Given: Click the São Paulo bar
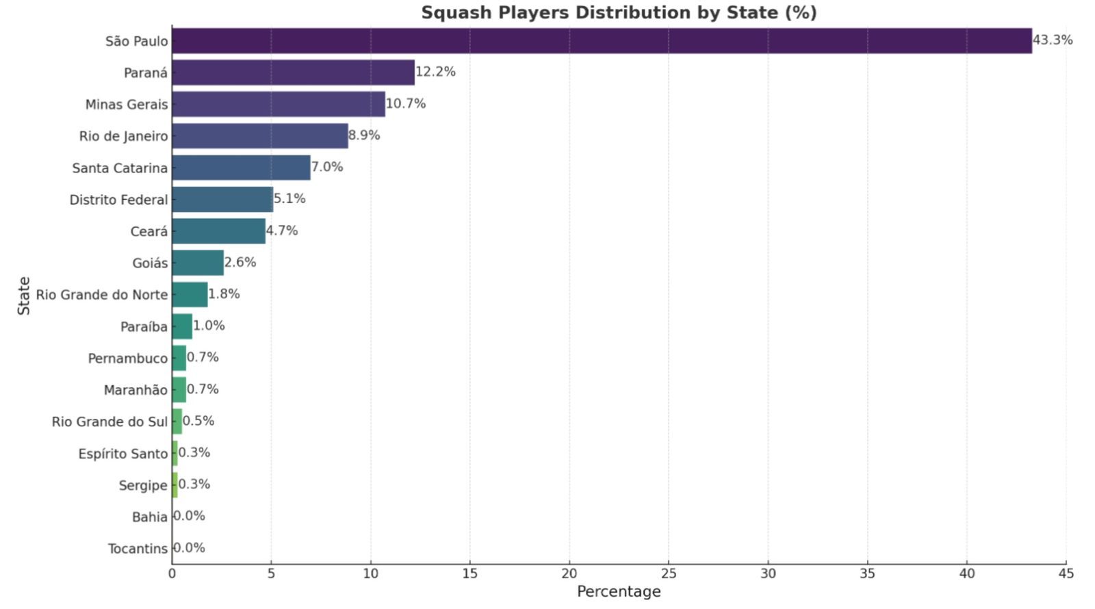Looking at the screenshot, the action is click(602, 40).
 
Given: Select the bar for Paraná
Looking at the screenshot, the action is click(294, 73).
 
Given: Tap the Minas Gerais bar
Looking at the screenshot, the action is click(279, 104).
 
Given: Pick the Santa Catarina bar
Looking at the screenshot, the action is click(241, 168).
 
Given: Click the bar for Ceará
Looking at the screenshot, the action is click(218, 231).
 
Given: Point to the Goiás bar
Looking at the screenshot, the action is click(198, 263).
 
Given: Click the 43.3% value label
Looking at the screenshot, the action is click(1053, 40).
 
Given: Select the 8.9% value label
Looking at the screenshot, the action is click(364, 135).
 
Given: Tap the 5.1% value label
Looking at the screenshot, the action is click(289, 198).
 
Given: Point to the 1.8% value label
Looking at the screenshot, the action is click(224, 294).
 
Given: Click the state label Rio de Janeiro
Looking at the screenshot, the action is click(124, 136).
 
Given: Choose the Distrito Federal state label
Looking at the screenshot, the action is click(119, 199).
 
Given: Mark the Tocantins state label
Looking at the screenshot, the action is click(138, 548).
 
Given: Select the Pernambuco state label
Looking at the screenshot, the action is click(128, 359).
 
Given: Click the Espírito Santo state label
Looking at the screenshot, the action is click(123, 454).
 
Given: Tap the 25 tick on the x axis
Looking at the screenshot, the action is click(668, 573).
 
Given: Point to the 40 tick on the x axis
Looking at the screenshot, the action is click(967, 573).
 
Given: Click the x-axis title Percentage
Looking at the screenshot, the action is click(619, 591).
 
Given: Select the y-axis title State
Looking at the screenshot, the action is click(23, 296).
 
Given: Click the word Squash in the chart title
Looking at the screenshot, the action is click(456, 13).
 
